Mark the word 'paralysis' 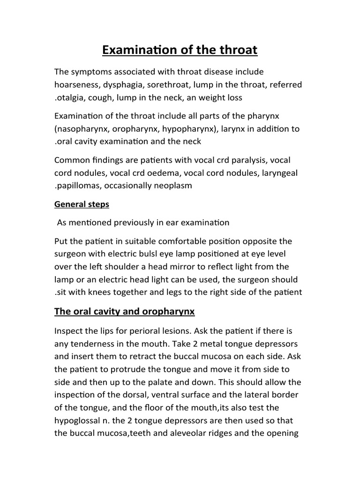tap(246, 160)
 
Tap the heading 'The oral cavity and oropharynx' tap(124, 311)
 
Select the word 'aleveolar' tap(179, 433)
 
